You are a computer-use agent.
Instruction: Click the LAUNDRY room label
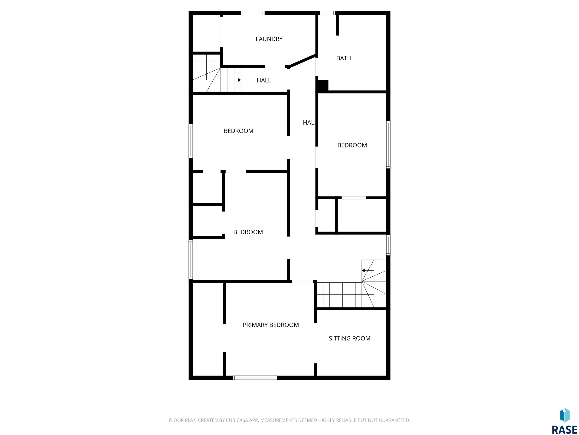(269, 39)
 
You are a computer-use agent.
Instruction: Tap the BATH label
(344, 58)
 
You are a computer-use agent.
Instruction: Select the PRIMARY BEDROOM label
(271, 325)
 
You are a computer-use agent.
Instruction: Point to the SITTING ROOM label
(349, 338)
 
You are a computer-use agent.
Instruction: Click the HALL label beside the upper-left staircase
(264, 80)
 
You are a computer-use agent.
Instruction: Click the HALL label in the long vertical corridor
(310, 123)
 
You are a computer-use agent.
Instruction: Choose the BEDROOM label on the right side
(352, 145)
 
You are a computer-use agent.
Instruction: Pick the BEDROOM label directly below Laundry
(238, 131)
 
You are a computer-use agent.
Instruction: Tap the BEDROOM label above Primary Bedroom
(248, 232)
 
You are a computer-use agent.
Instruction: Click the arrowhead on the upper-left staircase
(240, 80)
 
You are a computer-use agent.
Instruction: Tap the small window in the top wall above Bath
(327, 13)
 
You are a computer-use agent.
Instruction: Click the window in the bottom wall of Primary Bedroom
(255, 378)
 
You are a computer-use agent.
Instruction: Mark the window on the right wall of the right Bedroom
(388, 145)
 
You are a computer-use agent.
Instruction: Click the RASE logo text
(565, 430)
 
